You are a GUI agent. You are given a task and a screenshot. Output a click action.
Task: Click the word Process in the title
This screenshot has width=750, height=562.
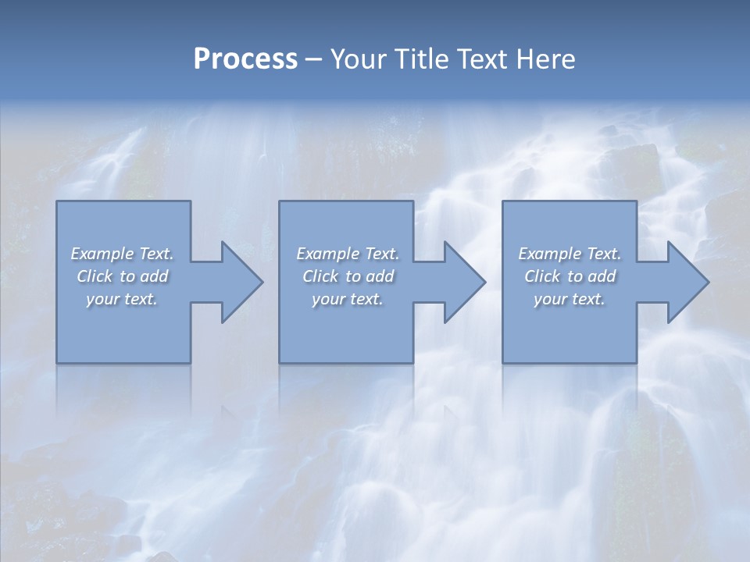[x=245, y=59]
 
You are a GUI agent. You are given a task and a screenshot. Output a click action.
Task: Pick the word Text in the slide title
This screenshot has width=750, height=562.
[x=484, y=59]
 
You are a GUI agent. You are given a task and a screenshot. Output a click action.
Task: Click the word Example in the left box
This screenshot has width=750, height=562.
[x=102, y=254]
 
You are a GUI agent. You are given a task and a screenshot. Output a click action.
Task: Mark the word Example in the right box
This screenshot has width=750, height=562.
[x=550, y=254]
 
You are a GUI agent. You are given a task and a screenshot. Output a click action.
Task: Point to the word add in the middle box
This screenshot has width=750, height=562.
[x=379, y=276]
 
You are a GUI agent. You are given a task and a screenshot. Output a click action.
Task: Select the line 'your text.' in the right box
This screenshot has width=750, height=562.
[x=569, y=299]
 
